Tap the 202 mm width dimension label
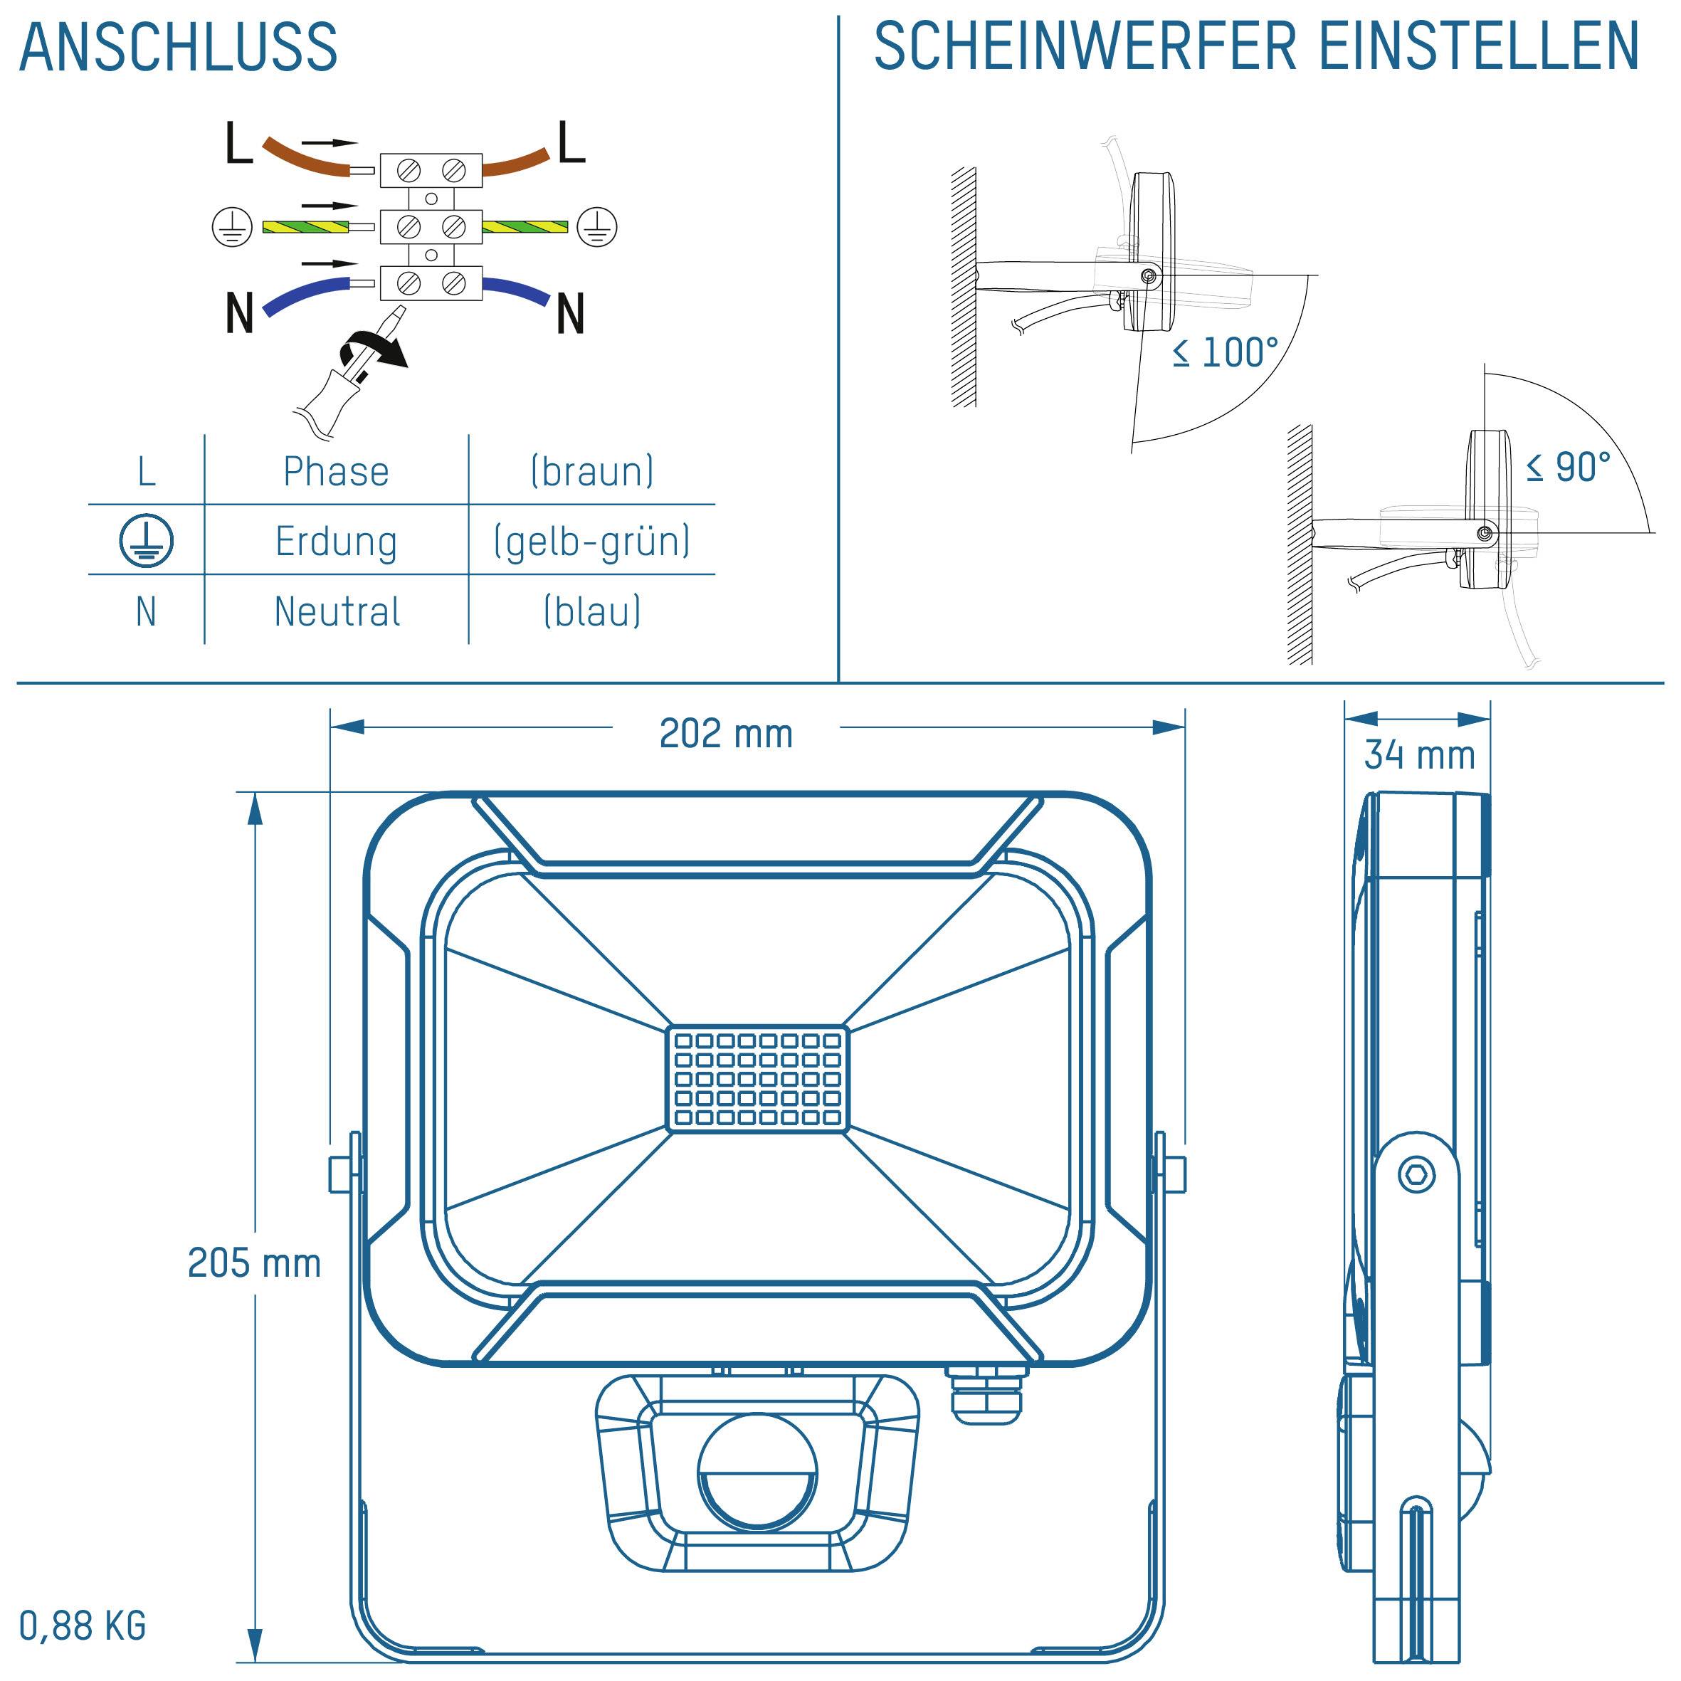pyautogui.click(x=726, y=734)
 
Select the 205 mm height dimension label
pyautogui.click(x=254, y=1263)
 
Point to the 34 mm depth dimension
pyautogui.click(x=1419, y=754)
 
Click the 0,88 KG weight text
pyautogui.click(x=83, y=1625)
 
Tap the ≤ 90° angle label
pyautogui.click(x=1568, y=468)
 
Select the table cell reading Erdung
pyautogui.click(x=336, y=541)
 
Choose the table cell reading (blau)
pyautogui.click(x=591, y=611)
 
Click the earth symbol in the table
pyautogui.click(x=146, y=540)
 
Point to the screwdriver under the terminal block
pyautogui.click(x=348, y=374)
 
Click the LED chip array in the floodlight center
pyautogui.click(x=757, y=1079)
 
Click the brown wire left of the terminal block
pyautogui.click(x=305, y=157)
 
